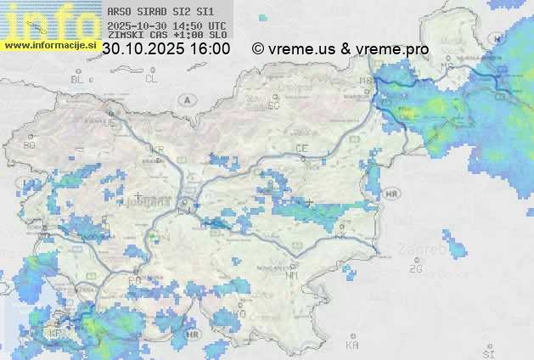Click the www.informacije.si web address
pos(49,45)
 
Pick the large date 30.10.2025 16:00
pos(166,49)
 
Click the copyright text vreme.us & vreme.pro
pos(340,49)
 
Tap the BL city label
pos(79,79)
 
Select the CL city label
pos(151,79)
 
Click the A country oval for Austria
pos(186,99)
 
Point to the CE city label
pos(301,149)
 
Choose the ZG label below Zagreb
pos(415,269)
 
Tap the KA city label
pos(352,345)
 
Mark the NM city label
pos(293,275)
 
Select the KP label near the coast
pos(56,334)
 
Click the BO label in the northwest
pos(30,145)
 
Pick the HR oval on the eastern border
pos(391,194)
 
